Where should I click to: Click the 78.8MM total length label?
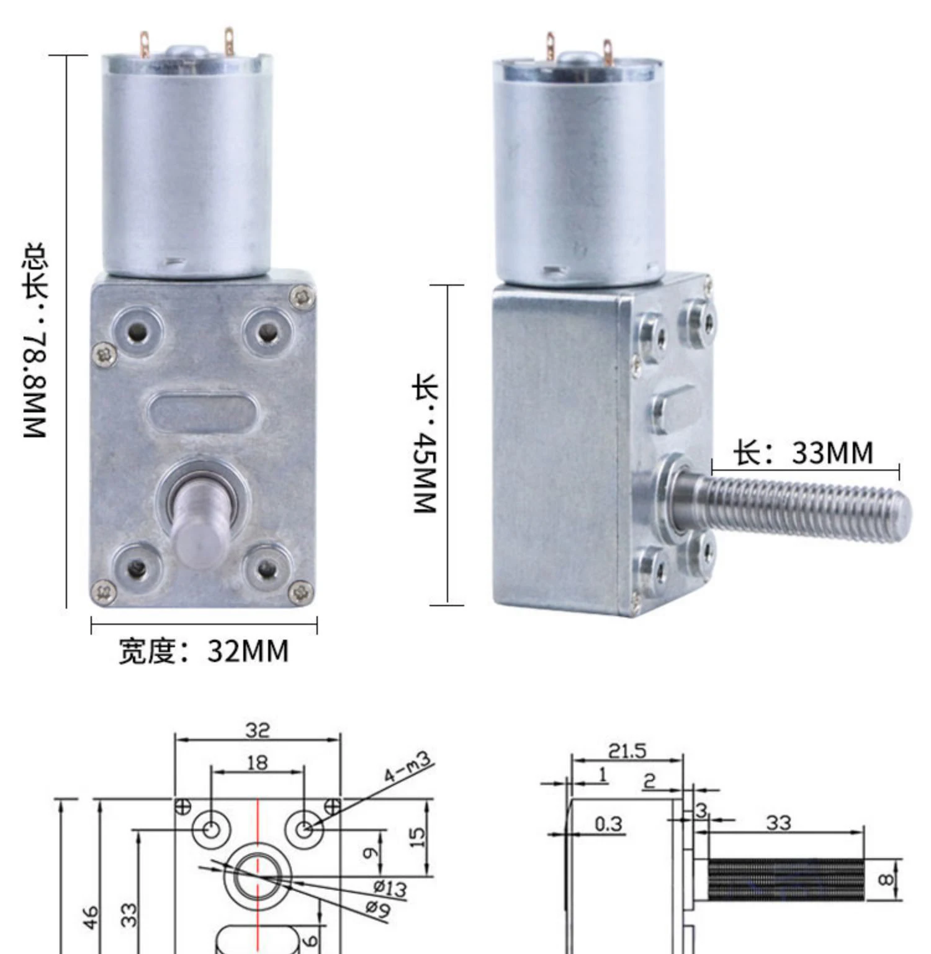[35, 340]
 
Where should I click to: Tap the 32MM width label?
[204, 651]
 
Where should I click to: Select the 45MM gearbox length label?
[426, 443]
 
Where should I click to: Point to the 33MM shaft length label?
[803, 452]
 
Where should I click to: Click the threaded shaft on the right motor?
[794, 504]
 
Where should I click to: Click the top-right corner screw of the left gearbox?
[303, 296]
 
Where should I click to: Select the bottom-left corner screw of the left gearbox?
[104, 591]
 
